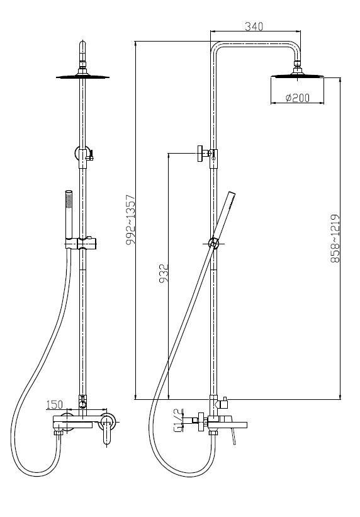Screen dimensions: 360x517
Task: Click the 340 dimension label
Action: pos(254,26)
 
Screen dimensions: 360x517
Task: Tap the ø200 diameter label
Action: pos(297,98)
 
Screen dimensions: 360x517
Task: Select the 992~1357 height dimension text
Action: pos(131,220)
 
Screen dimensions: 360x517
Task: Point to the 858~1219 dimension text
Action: pos(335,238)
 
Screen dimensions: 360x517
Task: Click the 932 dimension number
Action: pos(164,273)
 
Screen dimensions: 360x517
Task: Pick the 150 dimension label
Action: pos(54,404)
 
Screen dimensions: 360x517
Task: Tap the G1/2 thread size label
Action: pos(177,420)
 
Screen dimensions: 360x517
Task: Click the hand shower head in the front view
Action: pos(69,214)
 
